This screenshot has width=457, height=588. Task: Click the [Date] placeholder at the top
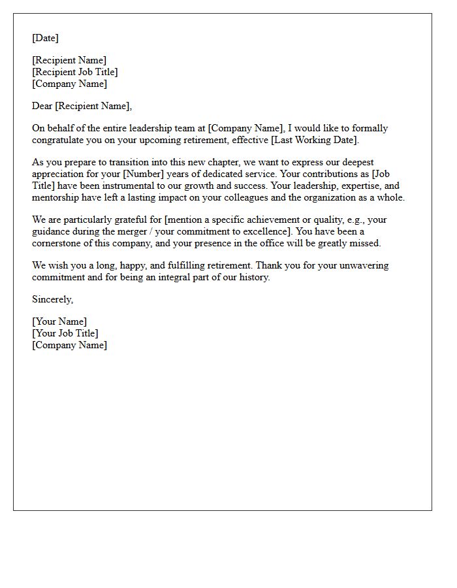[45, 38]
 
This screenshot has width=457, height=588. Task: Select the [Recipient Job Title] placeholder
[75, 72]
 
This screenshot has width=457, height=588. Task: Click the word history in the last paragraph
[253, 277]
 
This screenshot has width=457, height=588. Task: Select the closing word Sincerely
[52, 299]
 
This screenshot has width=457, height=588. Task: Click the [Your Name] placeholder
[59, 321]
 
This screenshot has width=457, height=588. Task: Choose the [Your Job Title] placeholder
[65, 333]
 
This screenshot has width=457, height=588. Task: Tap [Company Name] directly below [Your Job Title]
[70, 345]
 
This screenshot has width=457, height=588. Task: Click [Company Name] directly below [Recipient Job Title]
[70, 84]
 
